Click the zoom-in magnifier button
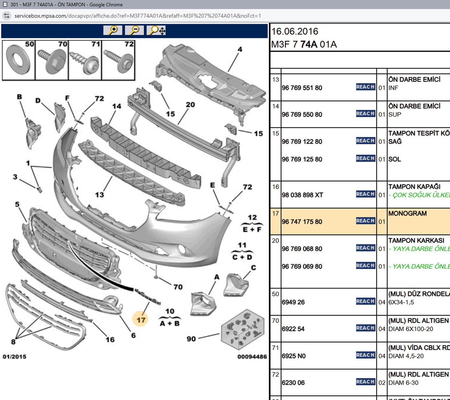(113, 30)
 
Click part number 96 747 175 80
(302, 222)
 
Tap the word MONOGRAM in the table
(407, 213)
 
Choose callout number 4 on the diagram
(240, 49)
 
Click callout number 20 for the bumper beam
(190, 105)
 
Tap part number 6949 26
(293, 302)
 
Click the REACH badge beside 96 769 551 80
(366, 87)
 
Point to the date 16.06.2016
(295, 32)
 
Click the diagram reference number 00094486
(252, 357)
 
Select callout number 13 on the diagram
(99, 195)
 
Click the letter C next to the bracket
(253, 268)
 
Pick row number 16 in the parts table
(276, 187)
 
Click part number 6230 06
(293, 383)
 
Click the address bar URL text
(138, 16)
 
